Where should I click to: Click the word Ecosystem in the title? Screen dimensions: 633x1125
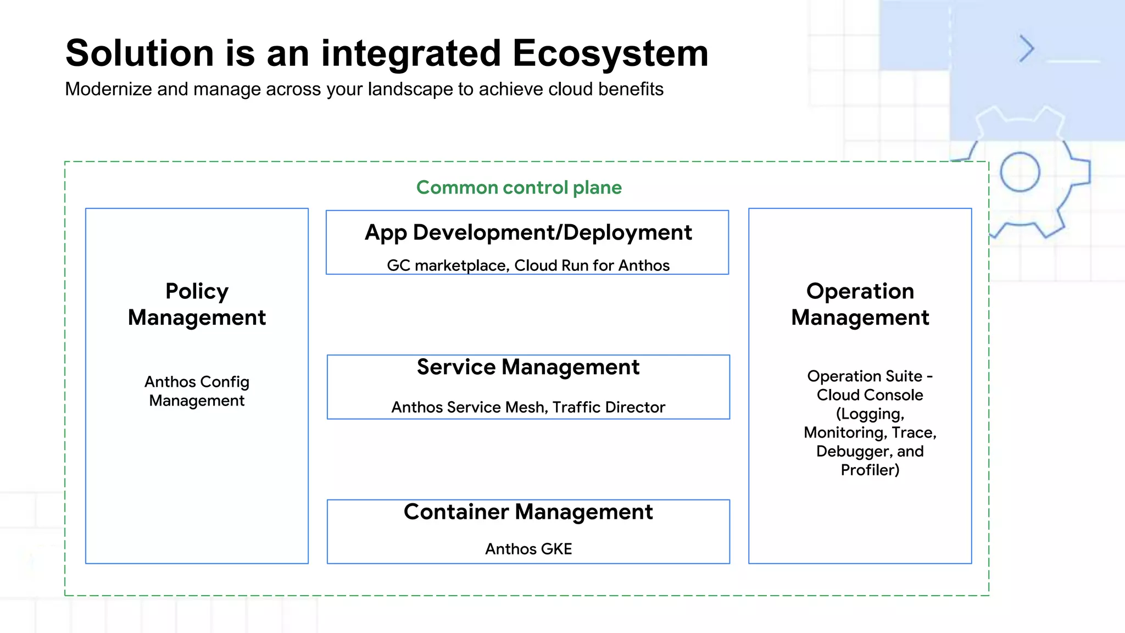click(x=610, y=54)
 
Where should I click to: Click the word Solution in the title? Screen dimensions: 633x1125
click(x=140, y=54)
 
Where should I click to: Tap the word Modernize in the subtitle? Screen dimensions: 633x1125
click(x=108, y=89)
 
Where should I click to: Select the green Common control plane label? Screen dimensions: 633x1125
click(x=519, y=187)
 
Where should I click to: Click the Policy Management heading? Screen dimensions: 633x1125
click(x=197, y=304)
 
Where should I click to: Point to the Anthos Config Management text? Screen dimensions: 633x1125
click(x=197, y=391)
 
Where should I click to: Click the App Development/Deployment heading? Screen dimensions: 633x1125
click(x=528, y=232)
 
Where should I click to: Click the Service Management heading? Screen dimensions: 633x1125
click(x=528, y=367)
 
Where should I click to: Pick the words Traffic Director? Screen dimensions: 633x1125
click(x=609, y=407)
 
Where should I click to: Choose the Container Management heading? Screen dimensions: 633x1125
click(x=528, y=512)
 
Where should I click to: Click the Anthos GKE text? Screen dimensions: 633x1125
click(x=528, y=549)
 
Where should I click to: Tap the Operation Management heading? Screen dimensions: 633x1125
click(x=860, y=304)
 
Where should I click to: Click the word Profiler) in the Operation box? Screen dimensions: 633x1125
click(x=870, y=470)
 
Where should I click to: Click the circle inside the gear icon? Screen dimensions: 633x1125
click(x=1020, y=172)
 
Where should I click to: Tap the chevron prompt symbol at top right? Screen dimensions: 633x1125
click(x=1026, y=49)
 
